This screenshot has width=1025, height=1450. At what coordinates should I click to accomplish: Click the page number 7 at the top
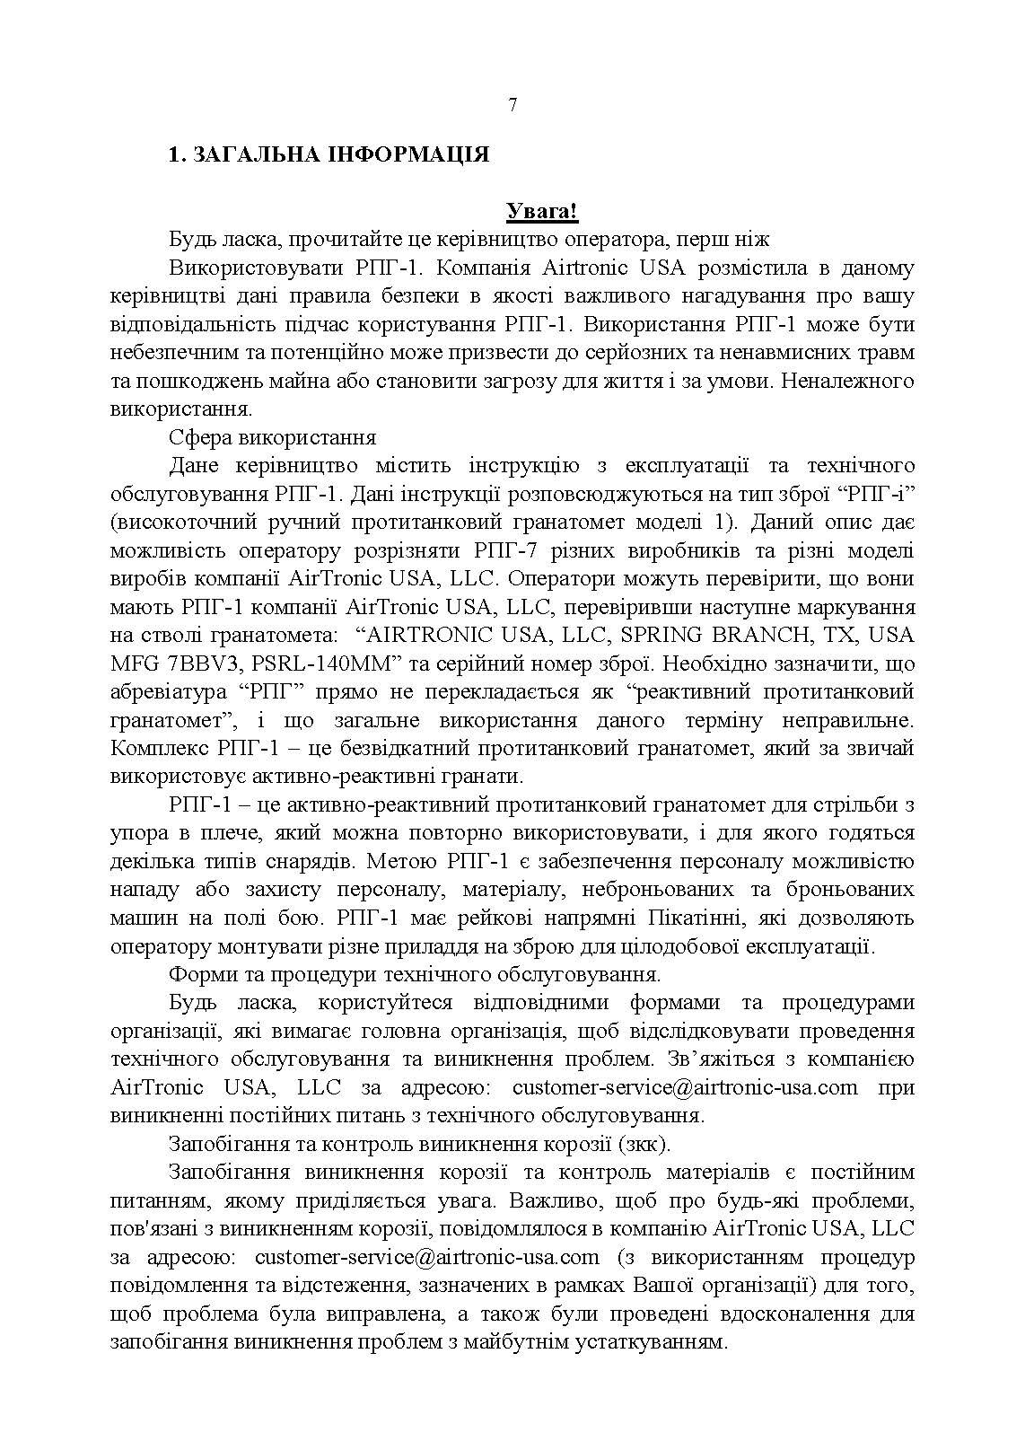tap(512, 105)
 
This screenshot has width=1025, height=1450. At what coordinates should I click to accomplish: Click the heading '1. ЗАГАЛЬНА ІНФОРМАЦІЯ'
tap(329, 154)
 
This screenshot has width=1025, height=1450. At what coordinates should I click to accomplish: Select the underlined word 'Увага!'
tap(541, 212)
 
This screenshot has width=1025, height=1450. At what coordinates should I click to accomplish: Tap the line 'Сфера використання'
tap(272, 437)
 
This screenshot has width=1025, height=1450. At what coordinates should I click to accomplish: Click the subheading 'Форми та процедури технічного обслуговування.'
tap(415, 974)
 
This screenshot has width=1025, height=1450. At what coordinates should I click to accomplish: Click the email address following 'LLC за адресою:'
tap(685, 1087)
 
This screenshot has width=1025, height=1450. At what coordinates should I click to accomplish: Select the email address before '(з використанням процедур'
tap(426, 1256)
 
